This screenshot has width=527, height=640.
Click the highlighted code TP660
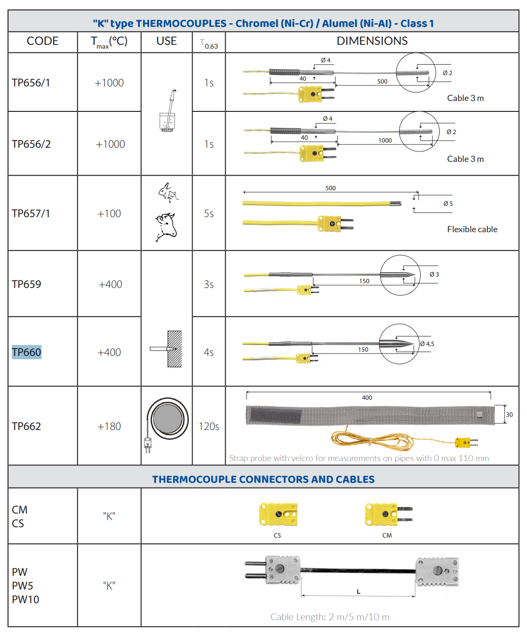tap(26, 352)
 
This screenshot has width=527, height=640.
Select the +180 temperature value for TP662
tap(109, 426)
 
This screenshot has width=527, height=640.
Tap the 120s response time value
tap(209, 426)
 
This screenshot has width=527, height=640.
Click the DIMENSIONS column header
tap(372, 41)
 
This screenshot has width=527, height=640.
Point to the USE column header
tap(166, 41)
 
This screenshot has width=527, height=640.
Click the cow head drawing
tap(166, 227)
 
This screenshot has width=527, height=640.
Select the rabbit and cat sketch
tap(168, 193)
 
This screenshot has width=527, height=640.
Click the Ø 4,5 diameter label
tap(427, 344)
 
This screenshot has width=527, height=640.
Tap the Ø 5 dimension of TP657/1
tap(448, 203)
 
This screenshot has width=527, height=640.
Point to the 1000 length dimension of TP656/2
tap(385, 141)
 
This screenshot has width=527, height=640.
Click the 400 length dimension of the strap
tap(367, 397)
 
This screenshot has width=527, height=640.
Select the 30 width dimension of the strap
tap(509, 414)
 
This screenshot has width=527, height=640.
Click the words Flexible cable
tap(472, 229)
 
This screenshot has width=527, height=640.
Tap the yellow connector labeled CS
tap(278, 514)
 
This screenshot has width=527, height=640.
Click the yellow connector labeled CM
tap(389, 514)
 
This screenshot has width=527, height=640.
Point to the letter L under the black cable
tap(358, 591)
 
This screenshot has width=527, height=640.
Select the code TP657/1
tap(31, 214)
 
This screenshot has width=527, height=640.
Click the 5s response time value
tap(209, 214)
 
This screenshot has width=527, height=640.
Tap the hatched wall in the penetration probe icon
tap(175, 349)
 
